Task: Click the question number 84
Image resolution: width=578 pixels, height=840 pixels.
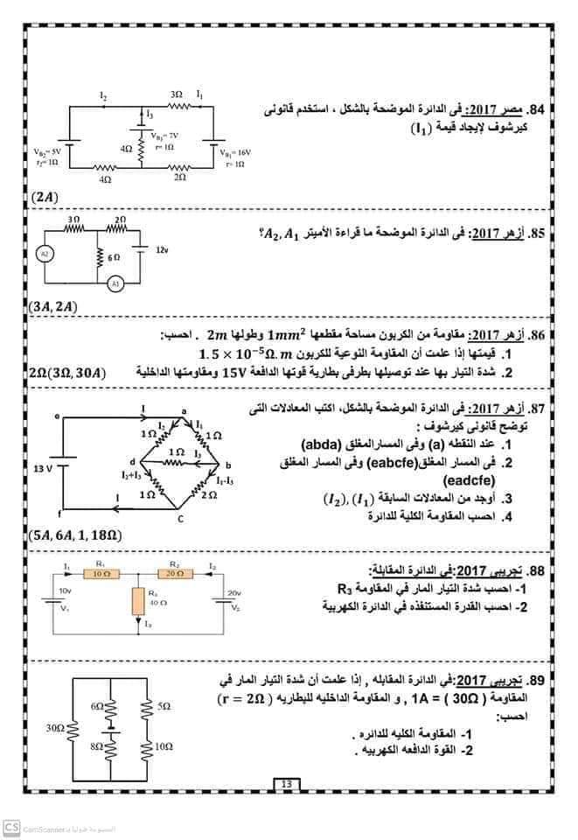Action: click(x=538, y=111)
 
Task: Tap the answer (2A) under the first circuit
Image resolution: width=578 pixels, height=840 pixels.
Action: click(x=42, y=198)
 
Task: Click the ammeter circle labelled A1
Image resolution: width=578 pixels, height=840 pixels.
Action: click(x=115, y=285)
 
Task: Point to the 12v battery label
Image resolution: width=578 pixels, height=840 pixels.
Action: click(x=161, y=250)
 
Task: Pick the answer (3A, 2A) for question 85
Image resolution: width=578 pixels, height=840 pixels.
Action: click(x=52, y=307)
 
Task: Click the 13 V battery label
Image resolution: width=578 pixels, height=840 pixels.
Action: click(x=45, y=469)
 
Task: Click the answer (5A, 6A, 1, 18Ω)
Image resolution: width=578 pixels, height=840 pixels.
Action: click(x=74, y=534)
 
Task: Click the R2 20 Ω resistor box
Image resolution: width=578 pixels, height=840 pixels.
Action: click(x=173, y=573)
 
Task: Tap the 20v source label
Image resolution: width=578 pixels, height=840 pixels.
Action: click(x=233, y=592)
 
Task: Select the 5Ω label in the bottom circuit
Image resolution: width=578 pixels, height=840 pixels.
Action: click(x=164, y=704)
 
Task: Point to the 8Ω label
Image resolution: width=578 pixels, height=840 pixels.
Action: click(x=97, y=746)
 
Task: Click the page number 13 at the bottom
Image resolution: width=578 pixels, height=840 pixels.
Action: click(x=286, y=783)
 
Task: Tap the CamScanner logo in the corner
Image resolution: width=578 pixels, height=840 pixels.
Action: click(x=11, y=826)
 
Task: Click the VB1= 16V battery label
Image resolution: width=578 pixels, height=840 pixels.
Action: click(x=233, y=152)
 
